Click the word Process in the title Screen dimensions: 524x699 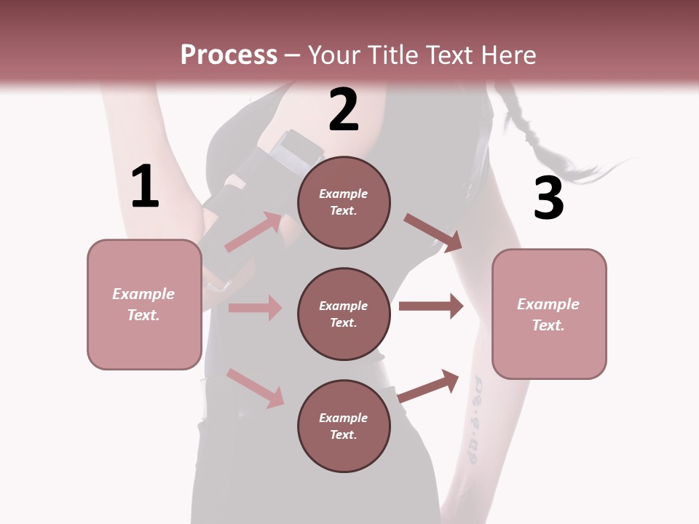(229, 55)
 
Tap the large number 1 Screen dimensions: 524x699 (145, 187)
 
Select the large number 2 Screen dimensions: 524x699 (344, 110)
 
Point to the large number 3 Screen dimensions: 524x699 (548, 198)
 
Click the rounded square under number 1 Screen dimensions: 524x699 (144, 304)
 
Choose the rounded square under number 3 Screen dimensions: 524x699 (549, 314)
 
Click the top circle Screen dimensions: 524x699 (344, 202)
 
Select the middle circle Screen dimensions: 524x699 (344, 314)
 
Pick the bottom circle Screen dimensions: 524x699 (344, 426)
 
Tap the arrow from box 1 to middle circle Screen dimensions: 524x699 (255, 308)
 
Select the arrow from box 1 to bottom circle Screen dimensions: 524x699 (255, 388)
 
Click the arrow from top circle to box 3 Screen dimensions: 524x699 (433, 233)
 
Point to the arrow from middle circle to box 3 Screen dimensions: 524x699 (431, 306)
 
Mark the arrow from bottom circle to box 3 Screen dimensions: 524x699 (429, 385)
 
